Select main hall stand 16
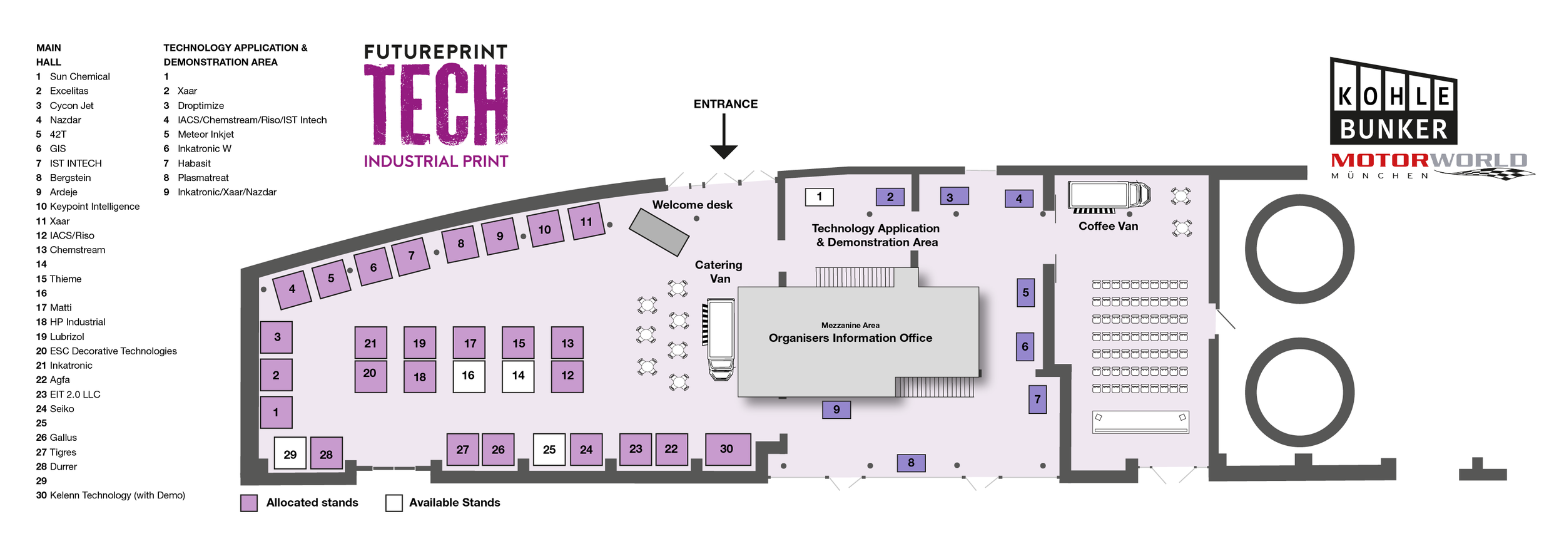(469, 376)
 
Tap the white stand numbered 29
(290, 454)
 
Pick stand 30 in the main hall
(727, 449)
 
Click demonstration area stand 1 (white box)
(819, 197)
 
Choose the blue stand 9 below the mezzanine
(836, 409)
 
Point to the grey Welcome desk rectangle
(659, 232)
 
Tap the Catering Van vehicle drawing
(721, 338)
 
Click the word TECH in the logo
(436, 105)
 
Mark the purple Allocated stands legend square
(249, 503)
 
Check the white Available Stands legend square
(394, 503)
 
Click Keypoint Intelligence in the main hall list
(94, 207)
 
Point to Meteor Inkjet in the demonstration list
(205, 135)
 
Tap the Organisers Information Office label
(850, 338)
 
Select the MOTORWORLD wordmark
(1428, 161)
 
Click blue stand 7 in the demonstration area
(1037, 399)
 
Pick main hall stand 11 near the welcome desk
(586, 221)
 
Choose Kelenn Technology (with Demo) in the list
(117, 495)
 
